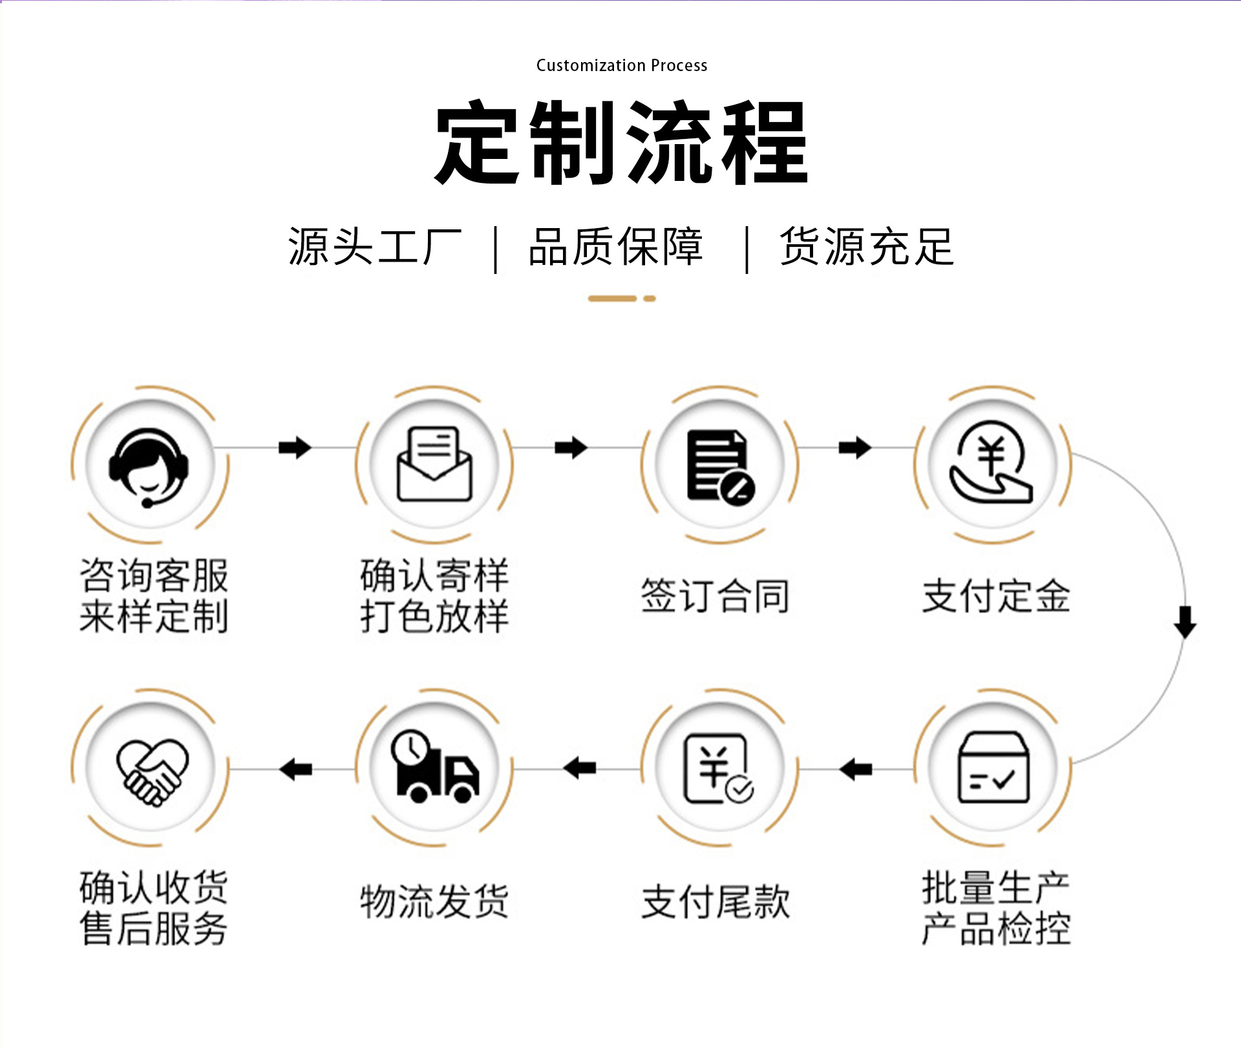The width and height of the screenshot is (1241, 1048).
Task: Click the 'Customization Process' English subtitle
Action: click(622, 65)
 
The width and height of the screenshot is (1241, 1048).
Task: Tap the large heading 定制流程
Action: click(621, 143)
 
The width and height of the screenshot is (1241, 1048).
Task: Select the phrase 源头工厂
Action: click(375, 247)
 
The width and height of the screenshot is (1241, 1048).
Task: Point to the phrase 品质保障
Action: click(615, 247)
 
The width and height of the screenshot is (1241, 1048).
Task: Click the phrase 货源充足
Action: click(867, 247)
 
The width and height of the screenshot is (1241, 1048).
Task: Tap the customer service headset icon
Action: click(149, 467)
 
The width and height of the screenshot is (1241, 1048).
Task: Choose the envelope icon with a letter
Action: click(434, 464)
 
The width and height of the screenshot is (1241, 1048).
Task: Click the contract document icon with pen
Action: click(720, 466)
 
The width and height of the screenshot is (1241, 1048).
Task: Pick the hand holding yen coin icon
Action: click(992, 463)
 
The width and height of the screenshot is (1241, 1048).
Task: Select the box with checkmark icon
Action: click(993, 768)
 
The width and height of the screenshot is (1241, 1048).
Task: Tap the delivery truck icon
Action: click(434, 767)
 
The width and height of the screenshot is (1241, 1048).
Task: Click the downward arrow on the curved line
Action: click(1185, 622)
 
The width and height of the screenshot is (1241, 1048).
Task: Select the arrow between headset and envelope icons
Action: click(295, 447)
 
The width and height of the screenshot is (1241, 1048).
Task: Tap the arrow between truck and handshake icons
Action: click(296, 769)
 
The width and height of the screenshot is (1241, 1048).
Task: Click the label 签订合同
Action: click(716, 596)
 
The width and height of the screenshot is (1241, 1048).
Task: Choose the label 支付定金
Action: click(996, 596)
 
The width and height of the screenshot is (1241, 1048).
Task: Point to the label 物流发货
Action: click(434, 901)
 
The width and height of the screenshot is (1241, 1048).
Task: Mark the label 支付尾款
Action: click(716, 901)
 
